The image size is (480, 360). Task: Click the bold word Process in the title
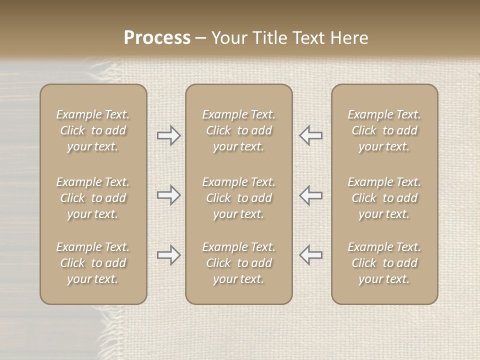157,38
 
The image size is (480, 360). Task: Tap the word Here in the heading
349,38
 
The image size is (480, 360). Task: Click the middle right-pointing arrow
168,195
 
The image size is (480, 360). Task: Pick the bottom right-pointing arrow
168,255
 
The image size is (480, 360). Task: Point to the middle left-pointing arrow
311,195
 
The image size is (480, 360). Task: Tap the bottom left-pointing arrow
311,255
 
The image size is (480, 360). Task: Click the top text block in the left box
93,130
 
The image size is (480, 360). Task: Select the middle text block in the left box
93,198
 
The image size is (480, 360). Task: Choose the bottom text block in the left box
93,263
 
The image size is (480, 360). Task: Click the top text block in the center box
239,130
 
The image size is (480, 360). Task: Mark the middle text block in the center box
239,198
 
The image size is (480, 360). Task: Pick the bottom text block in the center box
239,263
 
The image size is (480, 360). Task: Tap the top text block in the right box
384,130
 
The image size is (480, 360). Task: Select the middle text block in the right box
384,198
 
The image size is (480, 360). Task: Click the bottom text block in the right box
384,263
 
